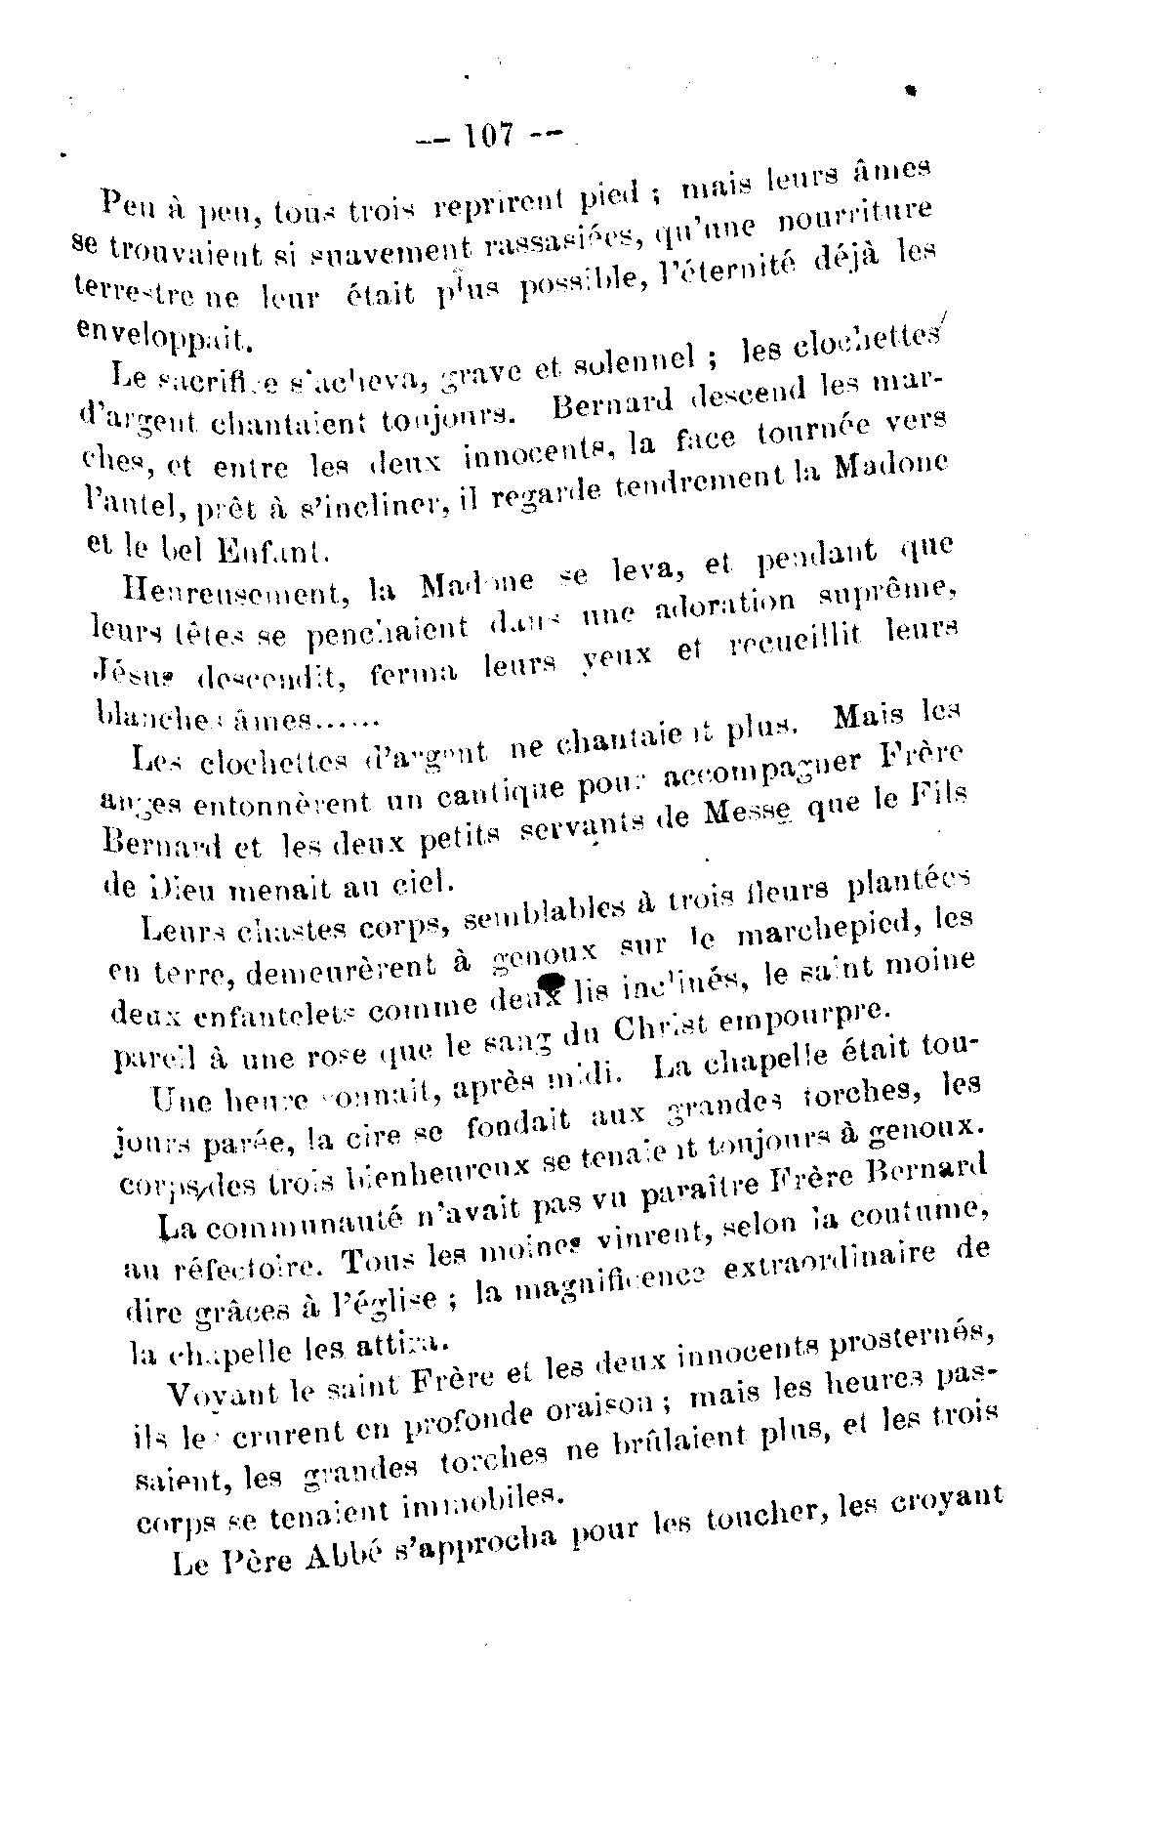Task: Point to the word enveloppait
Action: click(x=162, y=334)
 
